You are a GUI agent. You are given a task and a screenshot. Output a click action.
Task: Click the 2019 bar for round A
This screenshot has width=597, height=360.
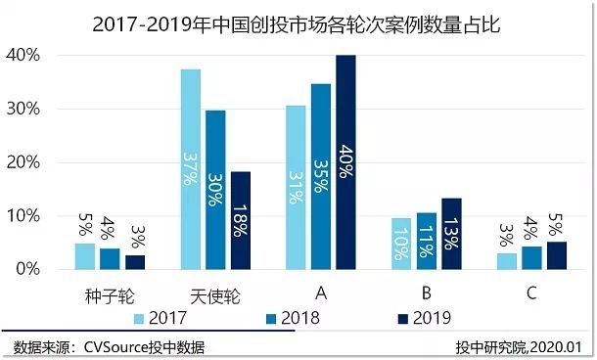coord(345,161)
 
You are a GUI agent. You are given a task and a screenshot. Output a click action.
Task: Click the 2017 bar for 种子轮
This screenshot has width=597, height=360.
coord(86,255)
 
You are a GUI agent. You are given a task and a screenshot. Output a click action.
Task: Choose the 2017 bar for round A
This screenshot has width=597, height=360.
coord(296,186)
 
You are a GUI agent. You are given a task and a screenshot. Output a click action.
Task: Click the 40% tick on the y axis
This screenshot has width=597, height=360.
coord(48,56)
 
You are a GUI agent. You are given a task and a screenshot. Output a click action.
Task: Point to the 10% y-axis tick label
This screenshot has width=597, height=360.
coord(48,215)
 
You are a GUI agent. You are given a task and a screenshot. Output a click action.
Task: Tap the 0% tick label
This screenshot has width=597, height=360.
coord(52,268)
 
